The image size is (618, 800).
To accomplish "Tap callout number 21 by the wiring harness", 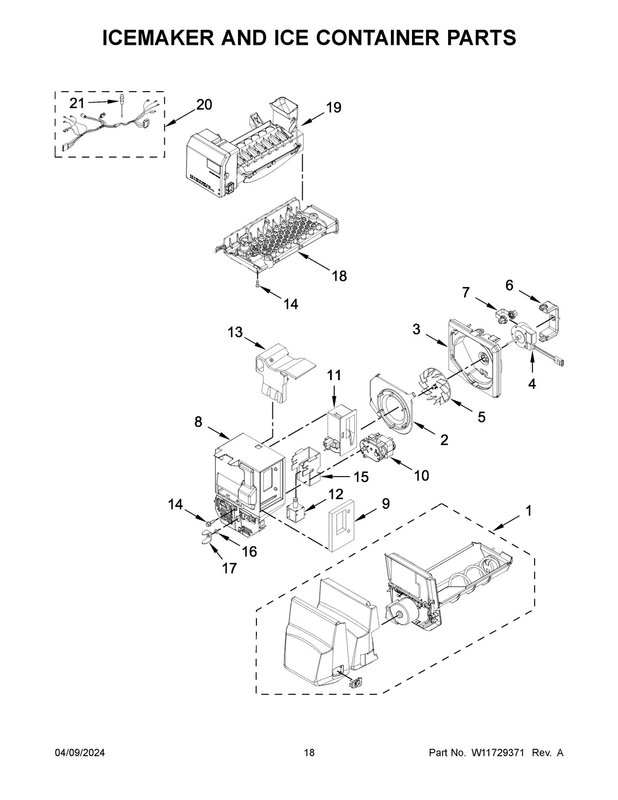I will point(77,103).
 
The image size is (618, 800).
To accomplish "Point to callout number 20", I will point(203,105).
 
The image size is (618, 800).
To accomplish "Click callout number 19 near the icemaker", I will point(333,108).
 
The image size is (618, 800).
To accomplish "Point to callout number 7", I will point(466,293).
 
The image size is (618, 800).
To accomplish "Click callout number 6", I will point(509,285).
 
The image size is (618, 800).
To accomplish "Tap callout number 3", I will point(416,329).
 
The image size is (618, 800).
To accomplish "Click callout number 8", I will point(198,422).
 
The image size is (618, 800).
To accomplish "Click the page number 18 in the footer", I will point(309,753).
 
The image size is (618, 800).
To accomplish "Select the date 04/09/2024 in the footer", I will point(80,753).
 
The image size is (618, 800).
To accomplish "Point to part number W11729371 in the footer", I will point(497,753).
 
